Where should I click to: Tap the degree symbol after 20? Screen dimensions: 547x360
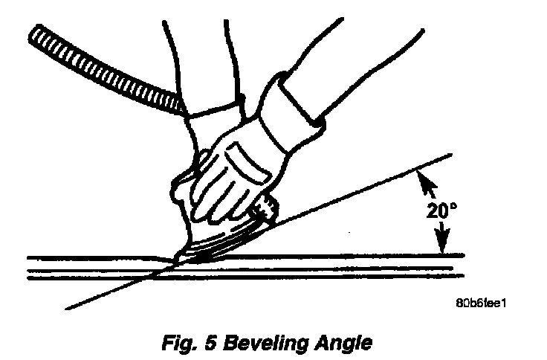(x=451, y=205)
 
